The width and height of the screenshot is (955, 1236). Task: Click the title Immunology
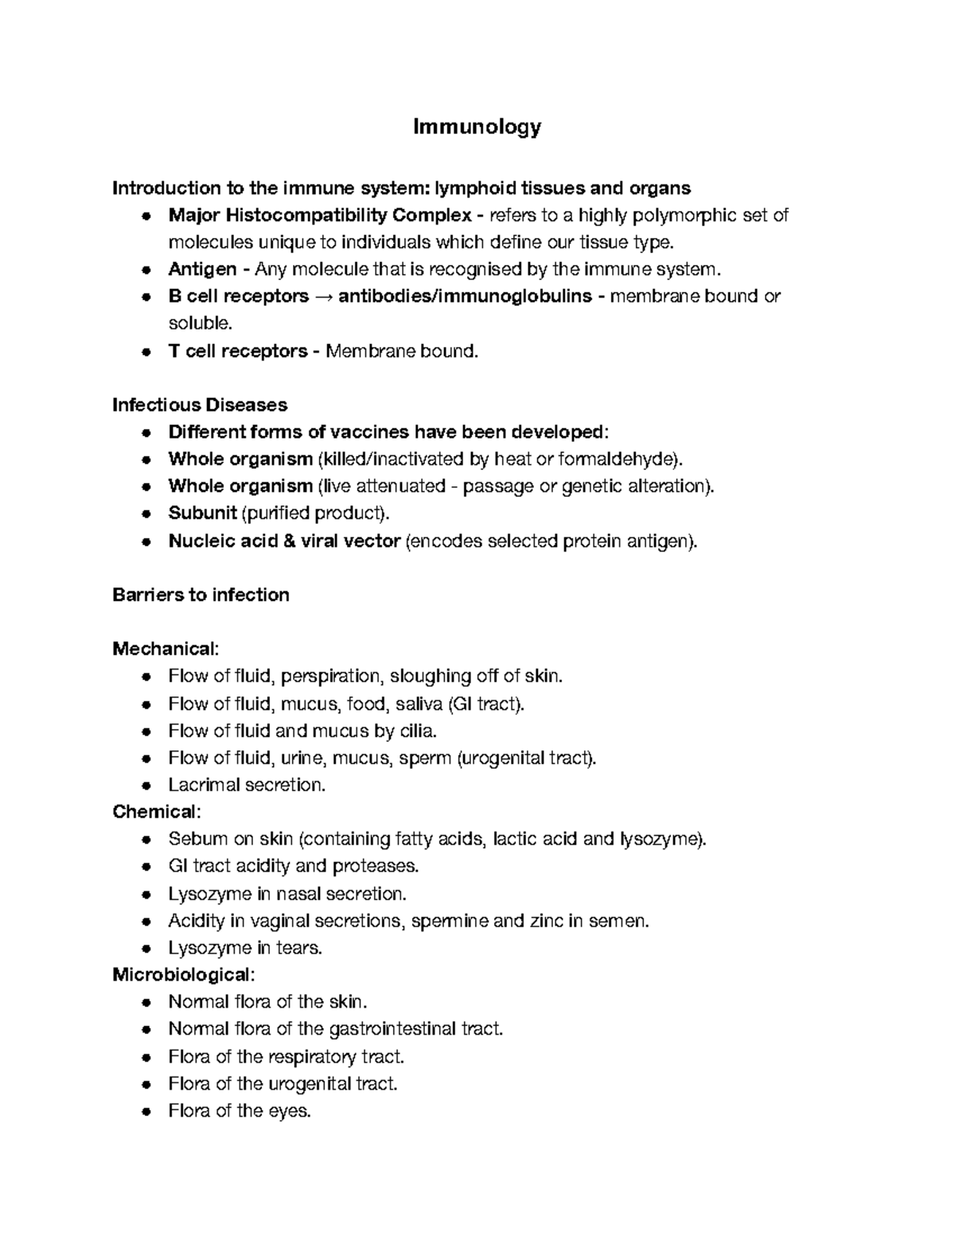[477, 127]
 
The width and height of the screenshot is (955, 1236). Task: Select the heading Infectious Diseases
[200, 405]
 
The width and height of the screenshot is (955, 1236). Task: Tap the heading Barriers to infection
[201, 595]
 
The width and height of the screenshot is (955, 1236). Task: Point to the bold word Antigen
[202, 269]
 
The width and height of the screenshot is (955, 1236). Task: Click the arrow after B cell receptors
[323, 297]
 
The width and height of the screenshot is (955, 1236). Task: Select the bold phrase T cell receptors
[237, 351]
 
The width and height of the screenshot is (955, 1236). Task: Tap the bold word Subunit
[202, 513]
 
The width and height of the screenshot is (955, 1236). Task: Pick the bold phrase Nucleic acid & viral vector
[283, 541]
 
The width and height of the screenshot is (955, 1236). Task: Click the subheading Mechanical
[164, 649]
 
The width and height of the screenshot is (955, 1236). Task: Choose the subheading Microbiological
[182, 974]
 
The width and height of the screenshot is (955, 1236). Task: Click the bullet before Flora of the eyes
[146, 1112]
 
